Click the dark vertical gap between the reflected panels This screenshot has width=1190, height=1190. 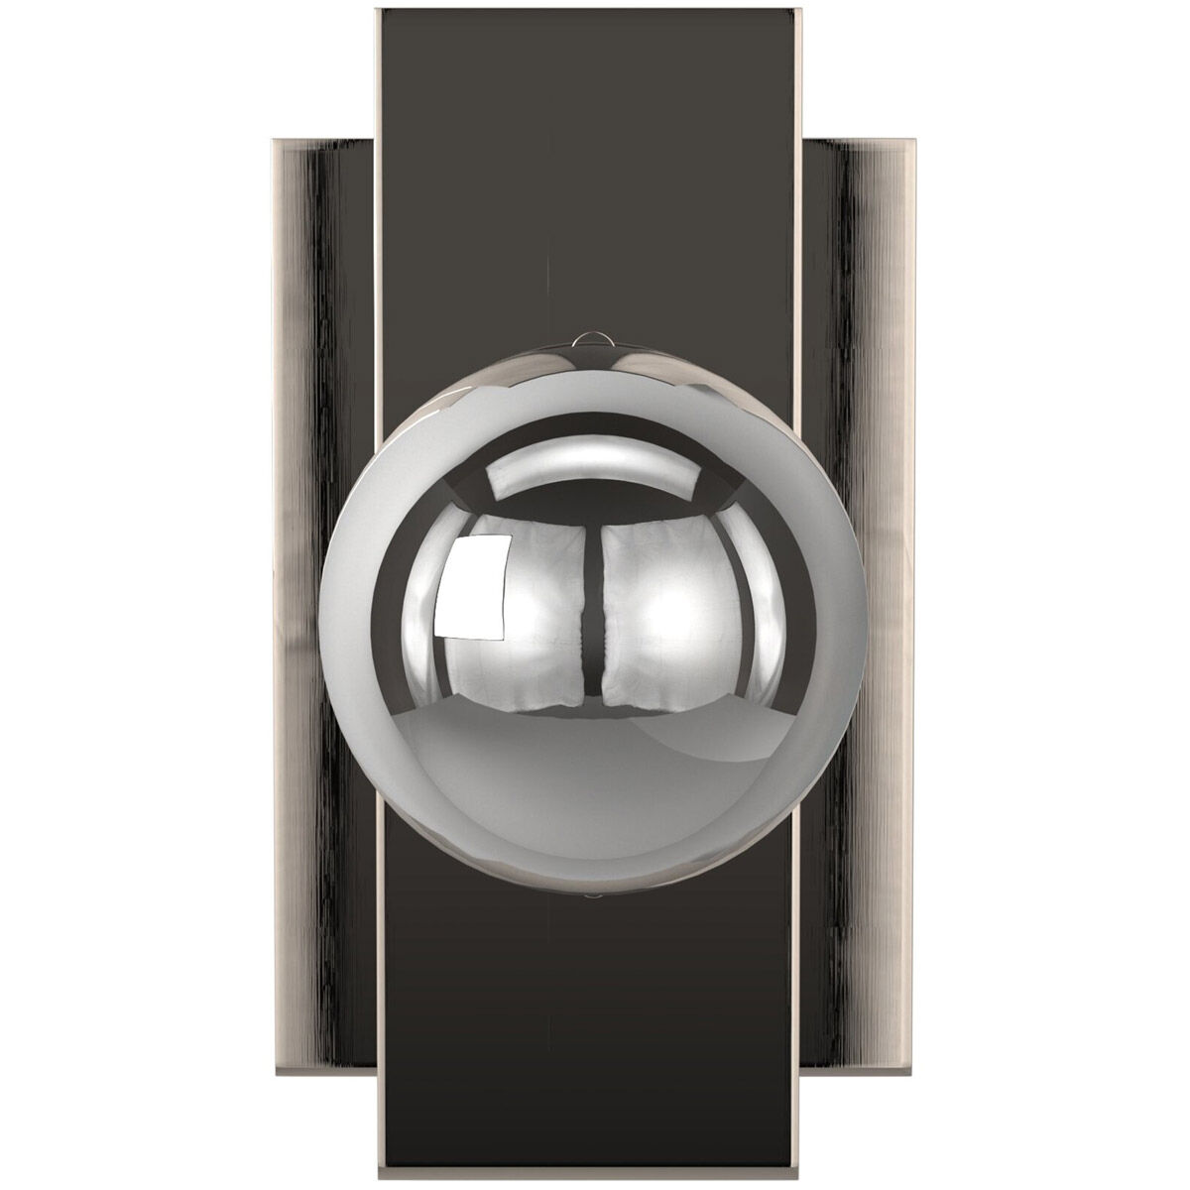[591, 620]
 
